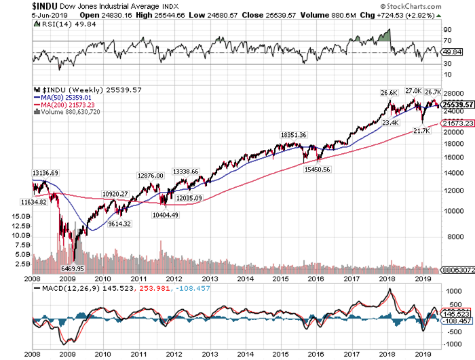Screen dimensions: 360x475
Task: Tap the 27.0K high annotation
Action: coord(413,89)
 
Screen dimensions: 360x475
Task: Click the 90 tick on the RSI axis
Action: coord(448,31)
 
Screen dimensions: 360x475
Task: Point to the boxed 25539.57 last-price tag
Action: coord(457,104)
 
